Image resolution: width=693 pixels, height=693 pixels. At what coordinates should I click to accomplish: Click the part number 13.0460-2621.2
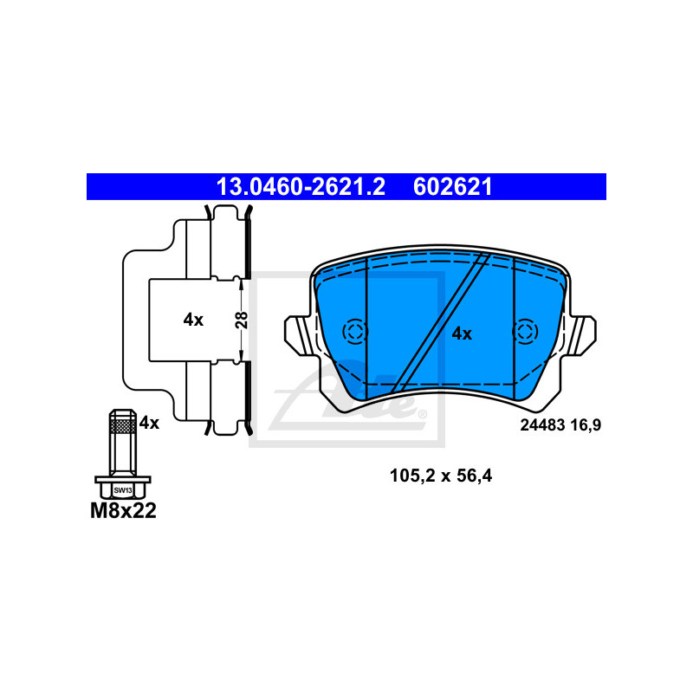(x=301, y=187)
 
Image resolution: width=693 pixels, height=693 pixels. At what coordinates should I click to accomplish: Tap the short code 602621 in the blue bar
(x=452, y=187)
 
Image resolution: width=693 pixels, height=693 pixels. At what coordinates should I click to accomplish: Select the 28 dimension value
(x=242, y=320)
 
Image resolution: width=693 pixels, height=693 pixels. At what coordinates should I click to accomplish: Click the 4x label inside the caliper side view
(x=193, y=320)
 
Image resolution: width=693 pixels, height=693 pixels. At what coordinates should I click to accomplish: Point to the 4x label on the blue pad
(x=462, y=334)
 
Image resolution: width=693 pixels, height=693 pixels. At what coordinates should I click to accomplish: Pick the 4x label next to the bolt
(x=149, y=423)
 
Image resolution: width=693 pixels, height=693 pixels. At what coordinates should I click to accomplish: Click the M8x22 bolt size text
(x=123, y=511)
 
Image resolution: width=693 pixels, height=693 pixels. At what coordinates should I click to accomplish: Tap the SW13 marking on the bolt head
(x=123, y=490)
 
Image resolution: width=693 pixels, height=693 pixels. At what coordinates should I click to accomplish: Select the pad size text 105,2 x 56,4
(x=441, y=476)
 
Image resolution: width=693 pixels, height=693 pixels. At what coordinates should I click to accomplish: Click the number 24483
(x=542, y=425)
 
